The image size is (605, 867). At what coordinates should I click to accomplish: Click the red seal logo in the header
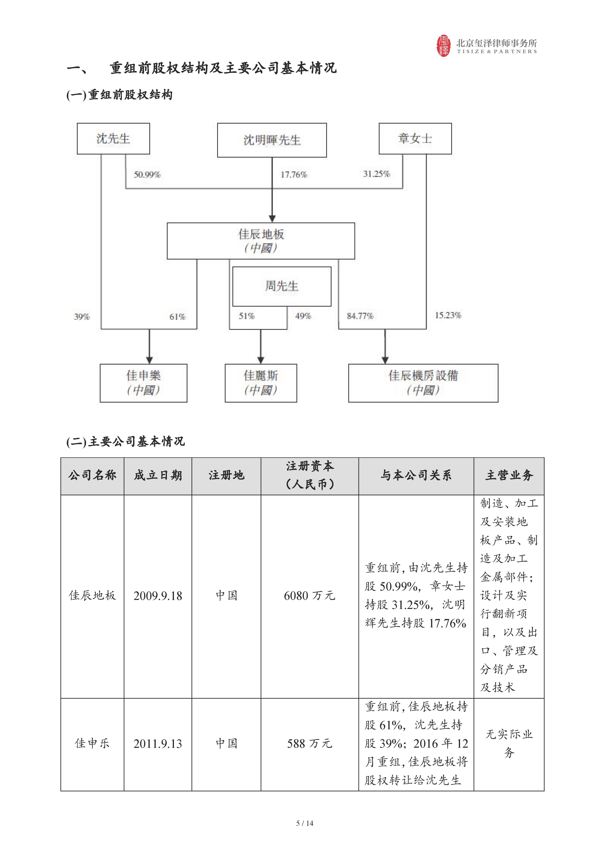(x=444, y=46)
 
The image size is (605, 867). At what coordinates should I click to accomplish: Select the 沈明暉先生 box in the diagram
(x=272, y=140)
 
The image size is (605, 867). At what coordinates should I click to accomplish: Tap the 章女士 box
(x=415, y=139)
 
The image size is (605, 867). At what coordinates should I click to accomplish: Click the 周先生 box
(x=282, y=286)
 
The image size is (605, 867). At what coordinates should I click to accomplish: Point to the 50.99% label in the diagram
(x=147, y=175)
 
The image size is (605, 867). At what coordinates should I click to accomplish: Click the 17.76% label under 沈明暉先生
(x=293, y=175)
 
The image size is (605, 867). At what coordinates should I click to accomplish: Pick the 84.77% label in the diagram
(x=360, y=316)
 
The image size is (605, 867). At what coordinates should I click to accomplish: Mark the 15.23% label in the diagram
(x=448, y=315)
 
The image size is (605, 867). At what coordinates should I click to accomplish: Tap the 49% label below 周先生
(x=303, y=316)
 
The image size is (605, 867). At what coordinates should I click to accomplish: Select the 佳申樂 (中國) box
(x=143, y=383)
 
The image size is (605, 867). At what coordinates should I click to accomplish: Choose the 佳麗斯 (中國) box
(x=261, y=383)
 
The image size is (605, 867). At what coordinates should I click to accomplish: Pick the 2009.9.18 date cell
(x=158, y=596)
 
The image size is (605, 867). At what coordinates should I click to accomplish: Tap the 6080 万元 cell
(x=310, y=596)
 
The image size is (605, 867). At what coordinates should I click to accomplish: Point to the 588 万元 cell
(x=310, y=744)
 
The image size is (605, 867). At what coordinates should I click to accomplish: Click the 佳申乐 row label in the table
(x=92, y=744)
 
